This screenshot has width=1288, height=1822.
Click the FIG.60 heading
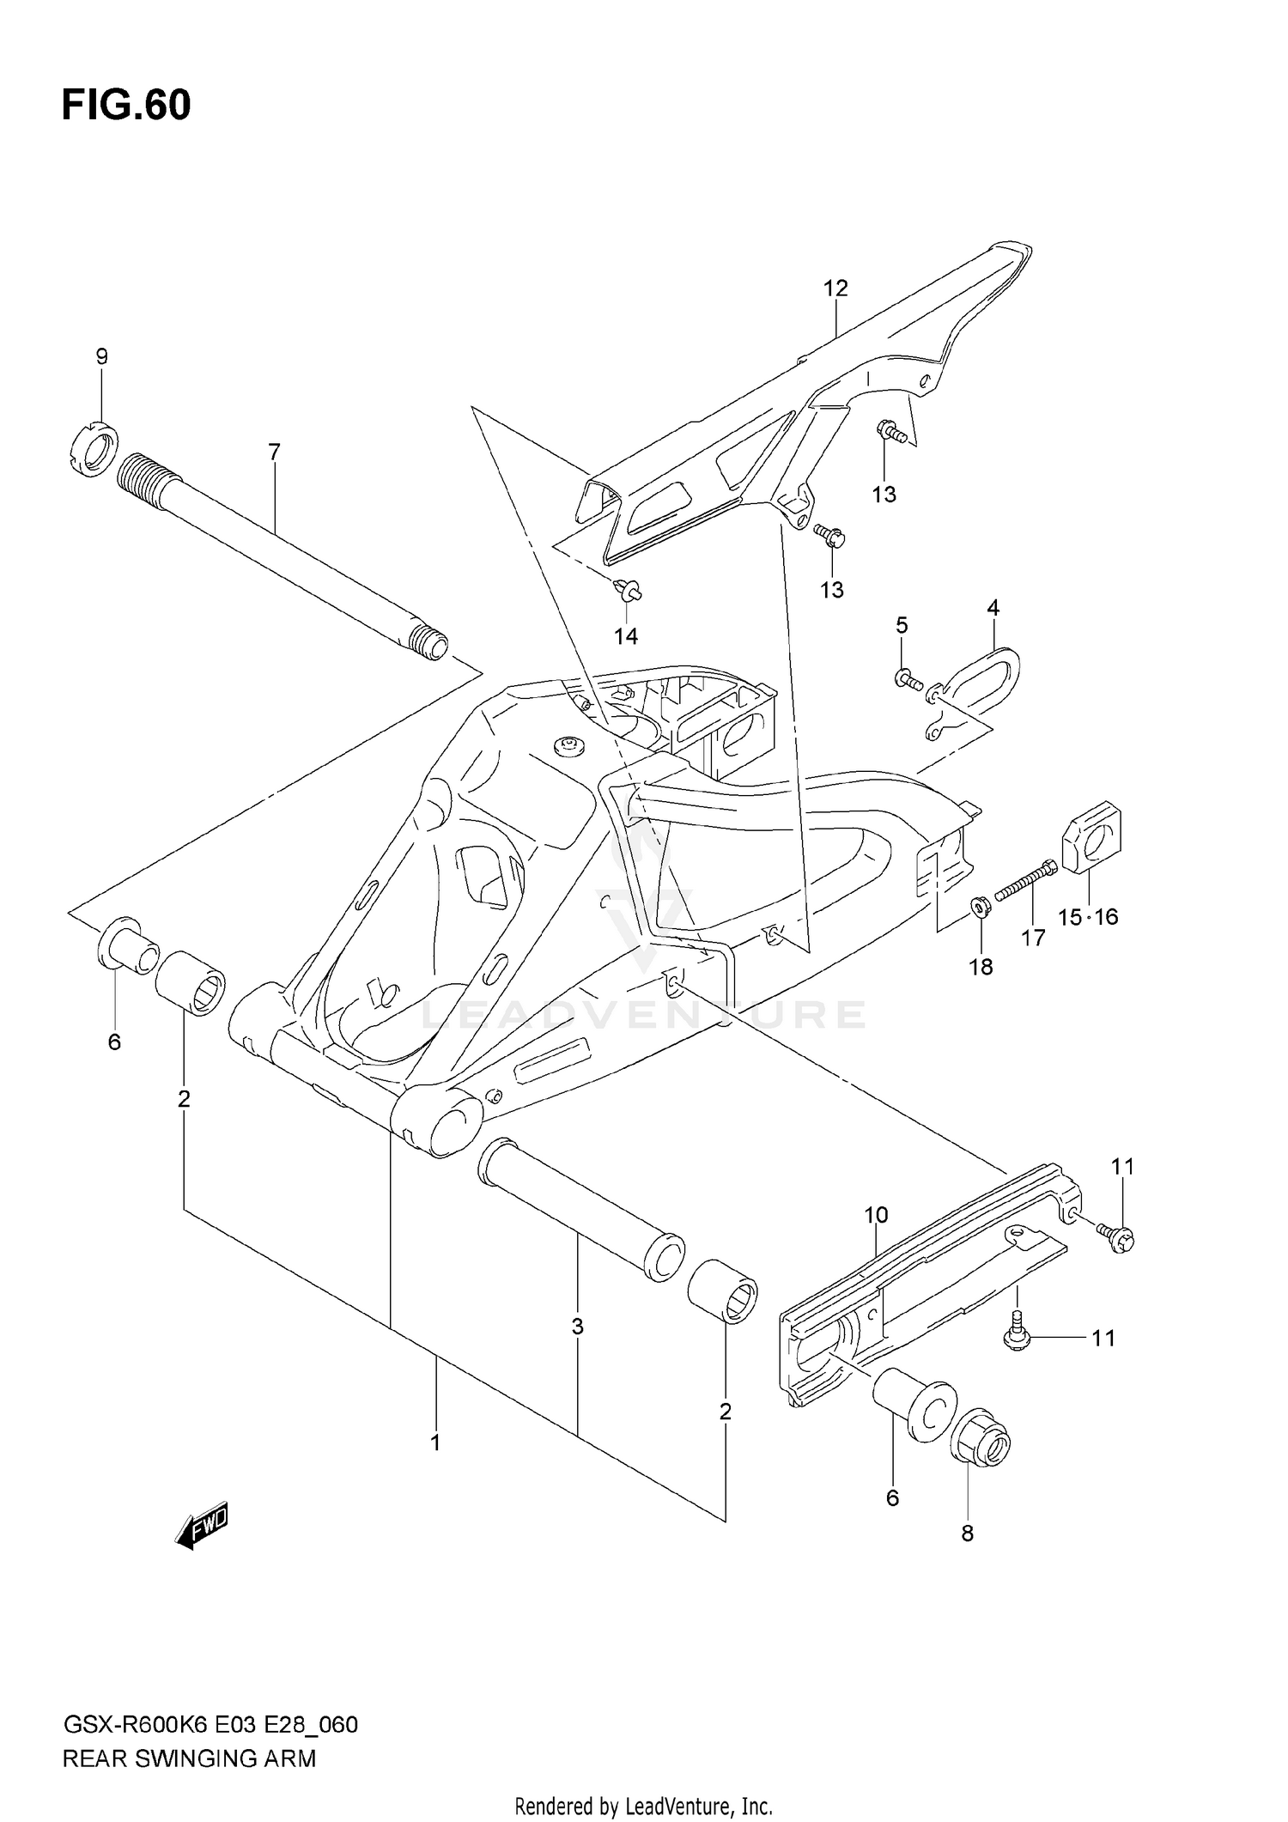(126, 105)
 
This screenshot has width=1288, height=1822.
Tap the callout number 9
(101, 356)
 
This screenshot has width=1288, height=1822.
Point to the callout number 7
(274, 452)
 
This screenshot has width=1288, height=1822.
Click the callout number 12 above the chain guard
(835, 288)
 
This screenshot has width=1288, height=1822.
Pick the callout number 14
(626, 636)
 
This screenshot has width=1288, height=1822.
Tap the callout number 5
(902, 625)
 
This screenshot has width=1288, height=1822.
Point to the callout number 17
(1033, 938)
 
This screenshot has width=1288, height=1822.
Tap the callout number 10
(876, 1215)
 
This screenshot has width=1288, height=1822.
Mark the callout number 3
(578, 1327)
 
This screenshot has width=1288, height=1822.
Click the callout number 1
(435, 1442)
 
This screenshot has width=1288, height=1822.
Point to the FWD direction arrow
(202, 1526)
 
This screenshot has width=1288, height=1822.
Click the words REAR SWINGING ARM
(190, 1752)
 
